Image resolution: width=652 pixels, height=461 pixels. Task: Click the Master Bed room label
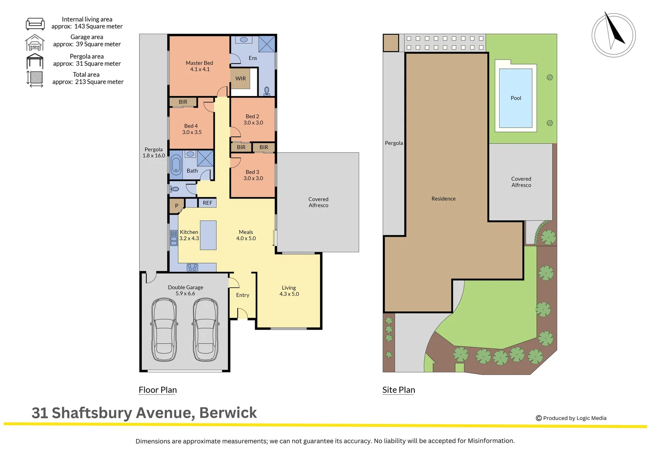click(199, 63)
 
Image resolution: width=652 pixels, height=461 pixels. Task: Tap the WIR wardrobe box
click(240, 79)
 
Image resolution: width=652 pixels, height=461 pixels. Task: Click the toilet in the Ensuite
click(267, 90)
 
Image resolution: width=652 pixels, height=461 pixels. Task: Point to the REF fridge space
click(207, 203)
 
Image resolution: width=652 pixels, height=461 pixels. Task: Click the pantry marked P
click(176, 206)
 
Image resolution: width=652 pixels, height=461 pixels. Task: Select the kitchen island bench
click(208, 235)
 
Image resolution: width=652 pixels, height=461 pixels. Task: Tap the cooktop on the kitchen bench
click(192, 268)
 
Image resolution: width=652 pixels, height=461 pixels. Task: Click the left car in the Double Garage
click(164, 330)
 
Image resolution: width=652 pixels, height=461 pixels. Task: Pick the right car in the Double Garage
click(206, 330)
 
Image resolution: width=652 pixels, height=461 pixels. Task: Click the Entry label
click(242, 295)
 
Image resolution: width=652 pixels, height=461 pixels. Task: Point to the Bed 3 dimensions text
click(253, 178)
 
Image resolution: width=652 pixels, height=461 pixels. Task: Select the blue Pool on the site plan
click(515, 98)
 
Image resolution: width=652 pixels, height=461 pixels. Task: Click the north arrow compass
click(614, 35)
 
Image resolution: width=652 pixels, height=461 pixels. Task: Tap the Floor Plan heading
click(157, 390)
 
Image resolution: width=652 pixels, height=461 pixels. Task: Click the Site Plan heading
click(399, 390)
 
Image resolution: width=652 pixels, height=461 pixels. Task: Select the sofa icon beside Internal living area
click(35, 23)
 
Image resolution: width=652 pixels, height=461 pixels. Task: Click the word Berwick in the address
click(228, 413)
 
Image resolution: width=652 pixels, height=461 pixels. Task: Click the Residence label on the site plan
click(443, 199)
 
